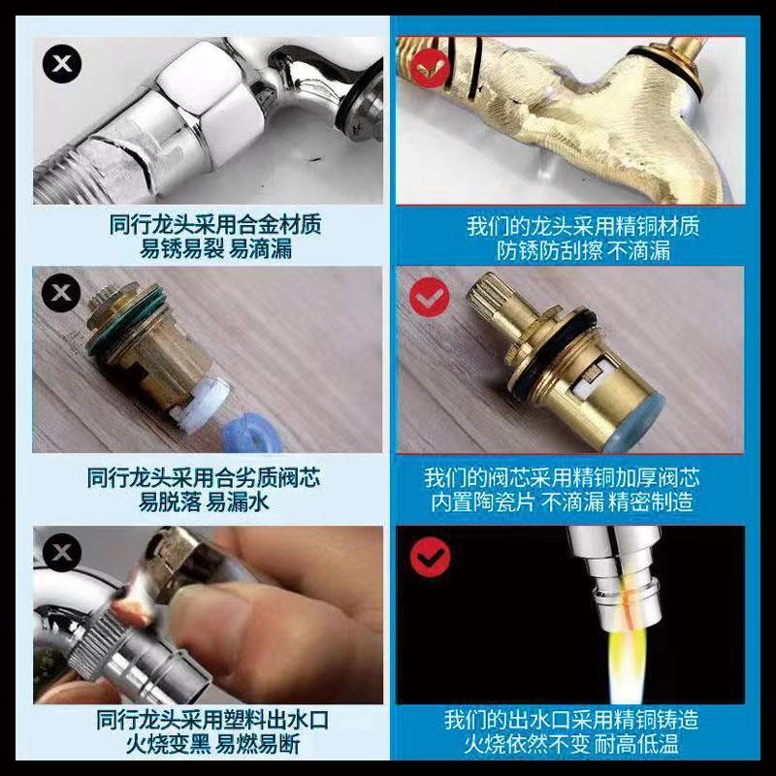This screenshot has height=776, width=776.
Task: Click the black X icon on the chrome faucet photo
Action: tap(62, 63)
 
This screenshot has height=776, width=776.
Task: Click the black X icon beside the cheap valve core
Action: tap(61, 293)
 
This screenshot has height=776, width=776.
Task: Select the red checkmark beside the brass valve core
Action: tap(430, 297)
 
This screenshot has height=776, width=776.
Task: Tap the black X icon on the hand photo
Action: tap(62, 551)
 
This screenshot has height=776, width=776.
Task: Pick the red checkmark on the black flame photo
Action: tap(430, 557)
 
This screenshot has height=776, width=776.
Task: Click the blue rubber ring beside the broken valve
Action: tap(252, 436)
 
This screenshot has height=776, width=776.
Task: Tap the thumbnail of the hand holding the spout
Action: tap(208, 615)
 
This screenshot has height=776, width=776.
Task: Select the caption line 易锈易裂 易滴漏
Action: tap(215, 248)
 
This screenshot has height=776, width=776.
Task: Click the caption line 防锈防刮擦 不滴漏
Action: tap(583, 250)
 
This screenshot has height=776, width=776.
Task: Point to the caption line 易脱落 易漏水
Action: tap(204, 501)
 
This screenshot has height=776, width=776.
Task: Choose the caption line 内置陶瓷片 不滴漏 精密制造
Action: tap(562, 501)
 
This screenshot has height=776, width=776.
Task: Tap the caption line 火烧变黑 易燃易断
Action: tap(212, 744)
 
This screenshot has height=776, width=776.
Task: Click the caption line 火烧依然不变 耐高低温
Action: tap(571, 744)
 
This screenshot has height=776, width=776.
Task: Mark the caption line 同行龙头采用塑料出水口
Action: tap(211, 720)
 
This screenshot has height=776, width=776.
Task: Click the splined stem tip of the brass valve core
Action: tap(487, 297)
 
